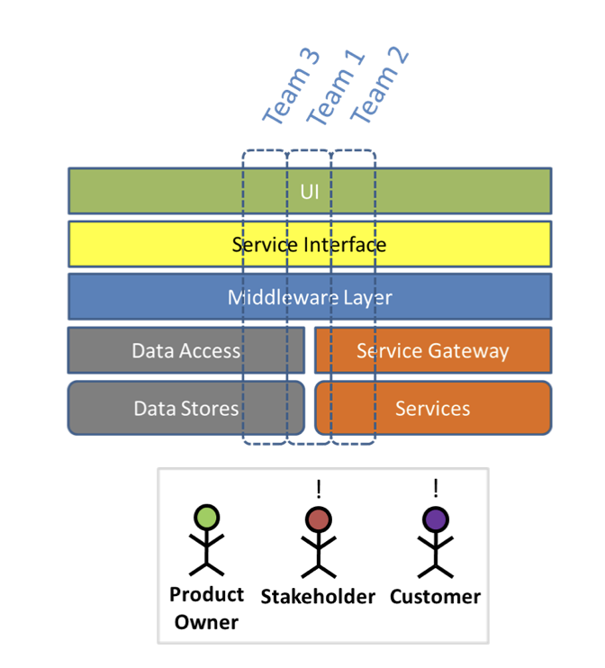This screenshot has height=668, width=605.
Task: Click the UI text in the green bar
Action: coord(310,191)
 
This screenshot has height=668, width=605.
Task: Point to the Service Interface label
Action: coord(309,245)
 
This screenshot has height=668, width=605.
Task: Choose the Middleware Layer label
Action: coord(310,297)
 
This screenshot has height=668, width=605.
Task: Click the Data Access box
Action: coord(185,351)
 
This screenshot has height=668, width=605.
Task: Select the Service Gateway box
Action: coord(432,351)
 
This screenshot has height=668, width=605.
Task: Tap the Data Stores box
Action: coord(185,409)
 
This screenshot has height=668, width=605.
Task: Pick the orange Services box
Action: coord(432,409)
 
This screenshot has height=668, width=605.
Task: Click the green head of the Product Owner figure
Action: coord(207,518)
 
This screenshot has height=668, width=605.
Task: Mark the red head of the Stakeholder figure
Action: coord(318,519)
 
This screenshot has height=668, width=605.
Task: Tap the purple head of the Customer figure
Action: coord(436,519)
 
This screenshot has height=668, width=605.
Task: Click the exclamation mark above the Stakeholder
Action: coord(318,489)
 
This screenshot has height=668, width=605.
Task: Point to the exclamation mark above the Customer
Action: coord(436,489)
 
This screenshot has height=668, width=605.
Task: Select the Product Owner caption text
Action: coord(207,608)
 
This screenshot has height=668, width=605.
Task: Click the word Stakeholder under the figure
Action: coord(318,597)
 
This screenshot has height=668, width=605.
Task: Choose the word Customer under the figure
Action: coord(436,597)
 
